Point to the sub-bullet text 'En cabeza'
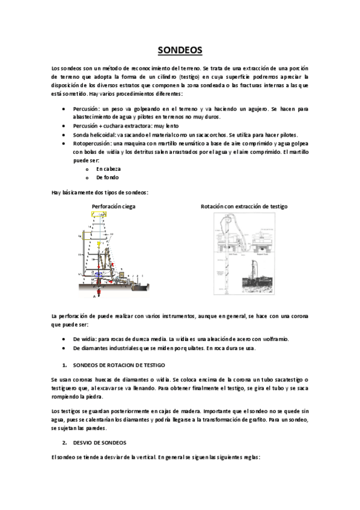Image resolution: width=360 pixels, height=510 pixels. (x=108, y=169)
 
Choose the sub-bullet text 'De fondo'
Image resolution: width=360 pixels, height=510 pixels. (x=107, y=177)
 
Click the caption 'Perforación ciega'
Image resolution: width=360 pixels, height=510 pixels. (x=113, y=206)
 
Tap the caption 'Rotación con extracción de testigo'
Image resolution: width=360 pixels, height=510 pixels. (x=244, y=206)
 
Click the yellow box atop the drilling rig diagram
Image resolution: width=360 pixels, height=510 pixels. (x=99, y=214)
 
